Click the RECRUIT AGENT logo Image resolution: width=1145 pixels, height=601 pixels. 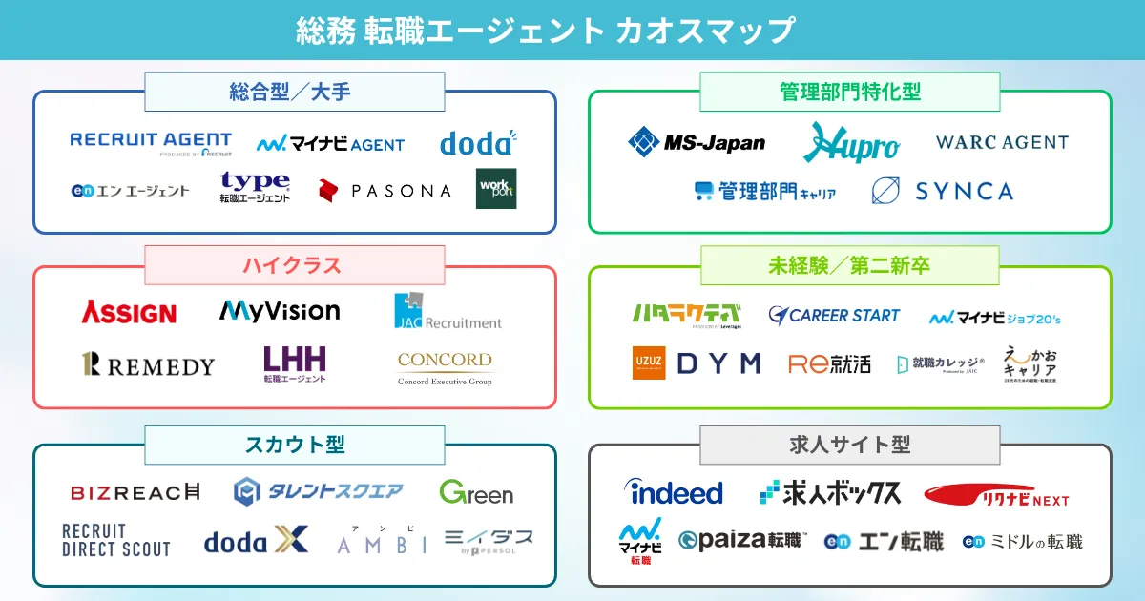point(151,143)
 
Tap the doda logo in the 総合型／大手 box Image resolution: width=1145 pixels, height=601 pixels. point(477,143)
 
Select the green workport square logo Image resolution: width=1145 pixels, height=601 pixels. point(496,189)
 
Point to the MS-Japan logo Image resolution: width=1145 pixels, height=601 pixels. point(697,142)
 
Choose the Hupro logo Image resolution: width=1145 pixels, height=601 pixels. point(851,143)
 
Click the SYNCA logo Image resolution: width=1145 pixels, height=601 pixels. point(942,191)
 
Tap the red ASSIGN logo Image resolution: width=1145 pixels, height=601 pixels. point(129,311)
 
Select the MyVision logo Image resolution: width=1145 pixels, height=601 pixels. point(280,310)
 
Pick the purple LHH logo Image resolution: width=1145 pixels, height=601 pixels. point(295,363)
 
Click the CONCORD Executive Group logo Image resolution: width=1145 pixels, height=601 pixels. point(445,367)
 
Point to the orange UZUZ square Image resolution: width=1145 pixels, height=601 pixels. point(649,363)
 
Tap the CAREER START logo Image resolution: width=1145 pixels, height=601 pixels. point(834,315)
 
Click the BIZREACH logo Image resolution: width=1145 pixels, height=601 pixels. point(135,492)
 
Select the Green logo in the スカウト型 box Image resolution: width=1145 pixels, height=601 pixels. point(476,492)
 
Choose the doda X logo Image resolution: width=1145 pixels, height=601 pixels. point(256,541)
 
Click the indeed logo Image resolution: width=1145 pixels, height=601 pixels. point(674,492)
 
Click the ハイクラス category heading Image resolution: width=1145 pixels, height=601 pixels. point(294,265)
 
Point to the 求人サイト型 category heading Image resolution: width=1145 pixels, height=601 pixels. point(850,445)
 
